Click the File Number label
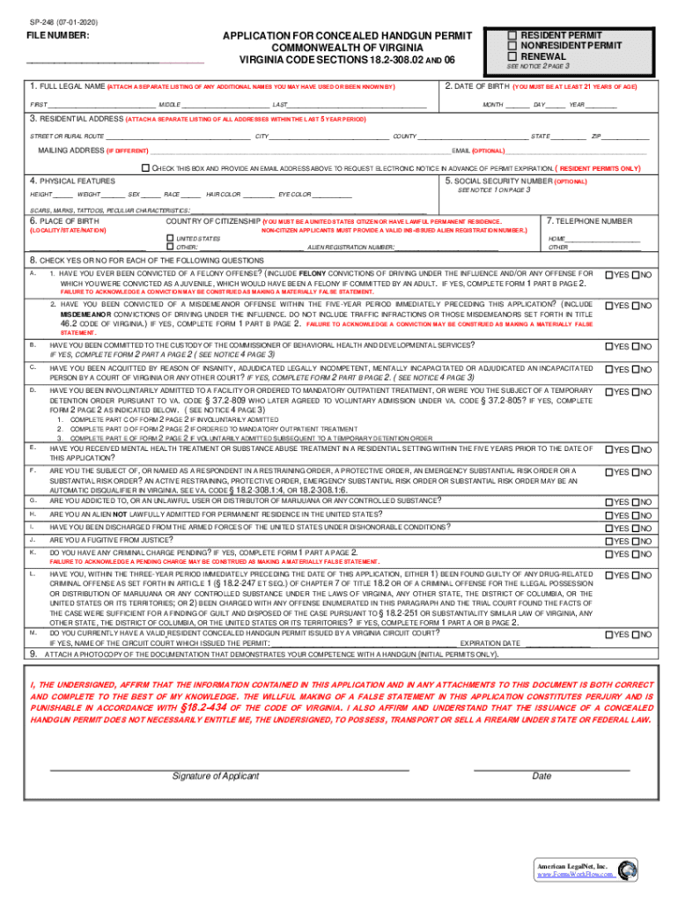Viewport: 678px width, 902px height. point(55,36)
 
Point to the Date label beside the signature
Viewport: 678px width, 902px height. point(542,776)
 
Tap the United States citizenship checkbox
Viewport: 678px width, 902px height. point(171,239)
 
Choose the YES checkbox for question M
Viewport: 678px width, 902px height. point(608,634)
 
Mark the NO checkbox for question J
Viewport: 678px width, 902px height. point(634,541)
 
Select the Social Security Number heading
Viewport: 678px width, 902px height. point(499,181)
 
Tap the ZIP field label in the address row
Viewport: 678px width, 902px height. point(596,137)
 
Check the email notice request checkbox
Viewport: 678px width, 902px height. point(146,167)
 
